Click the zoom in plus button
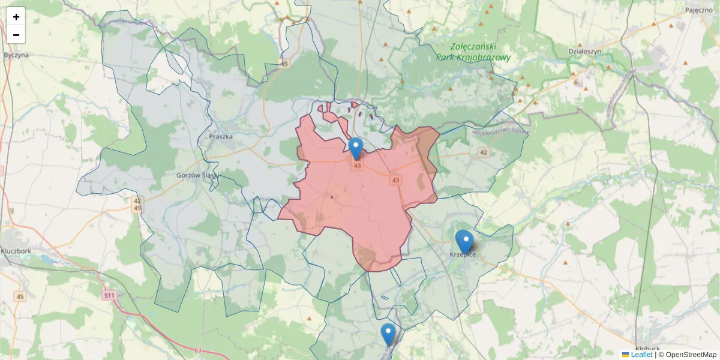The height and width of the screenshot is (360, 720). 16,17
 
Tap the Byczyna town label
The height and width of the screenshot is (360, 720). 16,55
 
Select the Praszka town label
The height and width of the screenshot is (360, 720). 220,136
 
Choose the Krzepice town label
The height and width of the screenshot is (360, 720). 463,255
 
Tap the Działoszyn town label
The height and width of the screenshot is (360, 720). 584,52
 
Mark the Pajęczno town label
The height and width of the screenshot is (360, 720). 698,10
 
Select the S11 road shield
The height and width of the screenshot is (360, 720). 109,295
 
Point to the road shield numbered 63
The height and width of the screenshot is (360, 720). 197,350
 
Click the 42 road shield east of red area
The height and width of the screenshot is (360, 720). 484,152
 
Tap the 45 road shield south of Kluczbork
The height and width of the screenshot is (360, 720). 20,297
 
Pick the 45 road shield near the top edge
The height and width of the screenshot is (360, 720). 284,63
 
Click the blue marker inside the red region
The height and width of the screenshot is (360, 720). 356,148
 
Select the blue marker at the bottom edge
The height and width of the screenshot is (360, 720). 388,334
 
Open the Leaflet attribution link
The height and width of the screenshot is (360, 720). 641,355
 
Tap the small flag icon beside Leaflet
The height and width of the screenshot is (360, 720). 625,355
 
